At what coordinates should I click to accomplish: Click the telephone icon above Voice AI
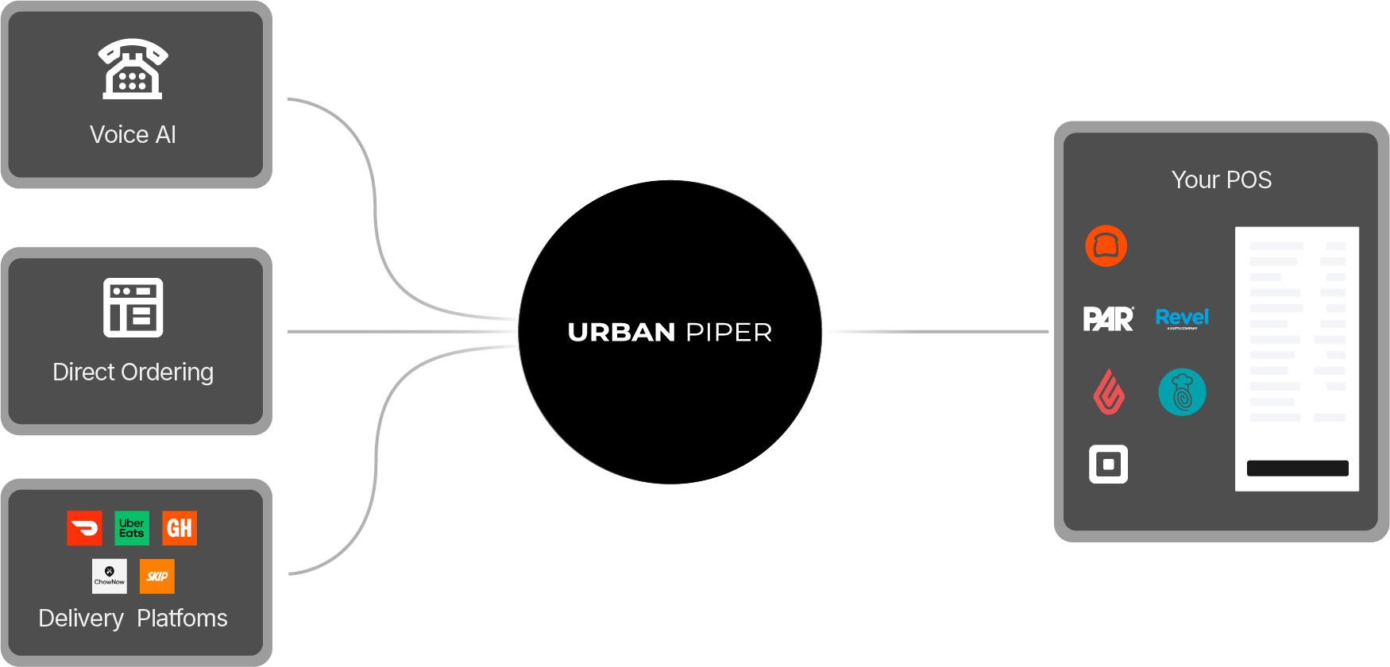133,69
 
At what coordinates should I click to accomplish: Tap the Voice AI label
133,135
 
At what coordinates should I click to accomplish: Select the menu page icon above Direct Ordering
133,307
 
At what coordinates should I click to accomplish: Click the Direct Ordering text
133,372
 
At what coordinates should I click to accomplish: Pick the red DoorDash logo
84,528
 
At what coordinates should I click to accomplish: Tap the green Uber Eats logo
132,528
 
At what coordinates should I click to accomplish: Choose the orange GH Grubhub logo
180,528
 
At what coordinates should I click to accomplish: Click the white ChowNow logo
110,576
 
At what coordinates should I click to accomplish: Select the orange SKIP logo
157,576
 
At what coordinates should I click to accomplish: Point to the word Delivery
81,619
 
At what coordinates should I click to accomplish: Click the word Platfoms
182,619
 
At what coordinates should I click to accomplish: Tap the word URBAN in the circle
621,332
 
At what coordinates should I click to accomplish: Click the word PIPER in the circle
729,332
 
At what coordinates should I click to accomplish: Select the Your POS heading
1222,180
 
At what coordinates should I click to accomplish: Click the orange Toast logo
1106,246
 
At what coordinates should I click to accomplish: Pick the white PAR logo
1108,319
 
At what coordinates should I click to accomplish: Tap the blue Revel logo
1182,318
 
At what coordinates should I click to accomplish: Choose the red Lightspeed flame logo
1109,392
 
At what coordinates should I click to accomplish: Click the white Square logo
1108,465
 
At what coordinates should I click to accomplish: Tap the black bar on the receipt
1297,468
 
